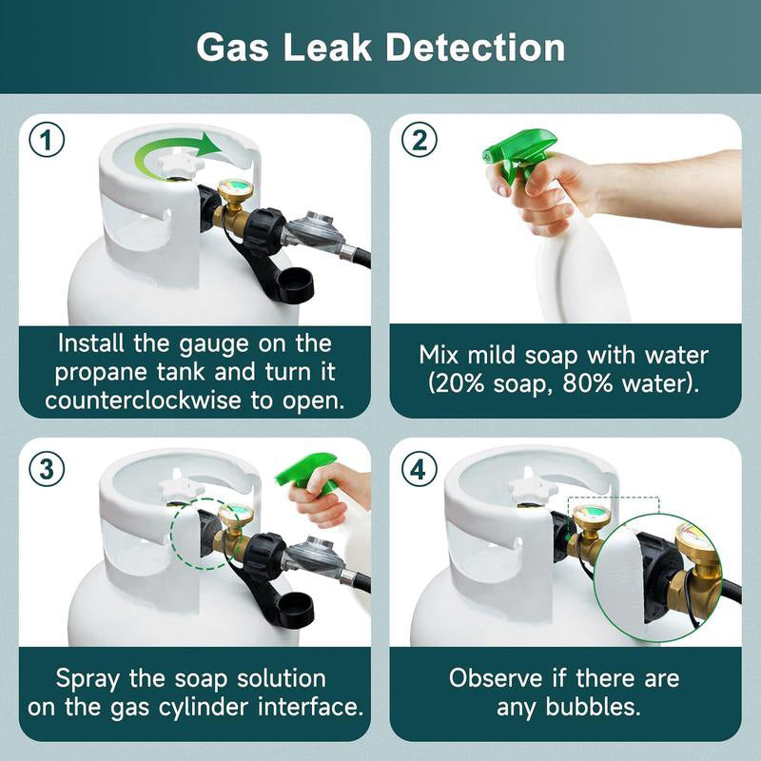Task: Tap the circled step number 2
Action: click(420, 141)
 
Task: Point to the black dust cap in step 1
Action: click(296, 283)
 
